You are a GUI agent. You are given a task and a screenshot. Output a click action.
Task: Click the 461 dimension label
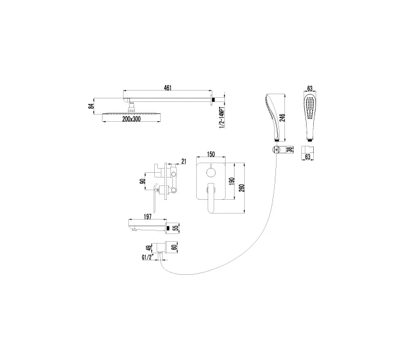tap(167, 88)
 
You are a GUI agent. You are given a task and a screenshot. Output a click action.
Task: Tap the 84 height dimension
tap(91, 106)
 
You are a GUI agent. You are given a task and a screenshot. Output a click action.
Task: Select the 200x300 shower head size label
tap(131, 119)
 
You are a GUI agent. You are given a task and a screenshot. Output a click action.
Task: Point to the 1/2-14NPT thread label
tap(221, 117)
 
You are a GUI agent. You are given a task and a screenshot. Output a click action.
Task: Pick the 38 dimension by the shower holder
tap(290, 149)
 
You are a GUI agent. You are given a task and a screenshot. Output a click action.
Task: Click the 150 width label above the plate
tap(211, 154)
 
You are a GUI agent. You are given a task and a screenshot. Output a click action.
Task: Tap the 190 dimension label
tap(232, 181)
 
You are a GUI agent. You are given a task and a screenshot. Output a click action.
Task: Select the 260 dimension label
tap(242, 188)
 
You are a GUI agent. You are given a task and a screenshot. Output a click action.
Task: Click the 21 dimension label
tap(184, 161)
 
